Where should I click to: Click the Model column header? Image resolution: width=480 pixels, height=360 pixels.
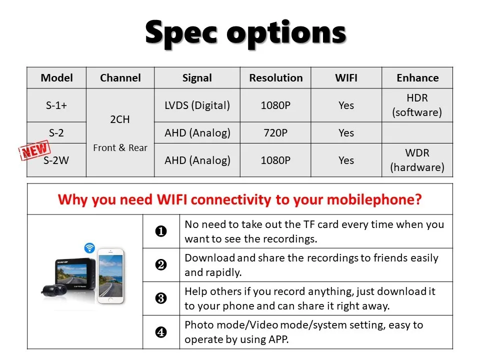(56, 78)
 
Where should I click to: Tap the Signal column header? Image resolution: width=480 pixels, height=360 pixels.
(197, 78)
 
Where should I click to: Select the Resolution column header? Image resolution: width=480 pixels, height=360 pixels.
(276, 78)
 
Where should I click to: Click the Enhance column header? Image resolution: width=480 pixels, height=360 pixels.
(417, 78)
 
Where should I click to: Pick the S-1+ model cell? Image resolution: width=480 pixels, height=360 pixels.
(56, 105)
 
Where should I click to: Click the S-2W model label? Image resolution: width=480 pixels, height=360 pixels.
(56, 160)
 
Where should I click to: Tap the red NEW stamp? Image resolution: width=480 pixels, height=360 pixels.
(34, 150)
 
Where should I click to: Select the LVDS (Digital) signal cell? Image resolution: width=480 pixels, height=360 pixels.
(197, 105)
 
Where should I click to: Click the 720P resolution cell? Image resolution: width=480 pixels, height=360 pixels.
(275, 133)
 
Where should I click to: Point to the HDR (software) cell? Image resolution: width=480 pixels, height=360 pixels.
(417, 105)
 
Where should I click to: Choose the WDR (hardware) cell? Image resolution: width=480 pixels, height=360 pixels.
(417, 160)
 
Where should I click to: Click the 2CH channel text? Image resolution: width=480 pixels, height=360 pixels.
(120, 119)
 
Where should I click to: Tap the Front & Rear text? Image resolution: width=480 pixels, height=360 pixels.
(120, 147)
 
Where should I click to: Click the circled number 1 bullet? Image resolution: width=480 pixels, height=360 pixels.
(161, 231)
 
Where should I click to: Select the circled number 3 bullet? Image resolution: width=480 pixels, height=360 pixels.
(161, 298)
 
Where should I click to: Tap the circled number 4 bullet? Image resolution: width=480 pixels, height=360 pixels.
(161, 332)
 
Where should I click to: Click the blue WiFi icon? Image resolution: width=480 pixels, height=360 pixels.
(89, 247)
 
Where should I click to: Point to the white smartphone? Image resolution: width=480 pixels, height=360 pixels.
(111, 276)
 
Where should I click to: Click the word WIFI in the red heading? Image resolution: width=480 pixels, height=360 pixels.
(171, 199)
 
